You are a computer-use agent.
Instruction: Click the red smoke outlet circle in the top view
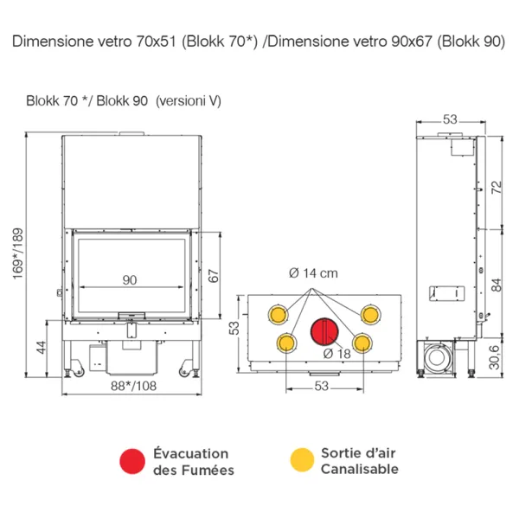[324, 330]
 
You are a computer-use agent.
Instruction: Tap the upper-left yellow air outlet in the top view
[279, 312]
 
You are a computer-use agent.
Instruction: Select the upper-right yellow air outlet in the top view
[370, 312]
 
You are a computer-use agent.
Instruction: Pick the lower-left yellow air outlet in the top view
[285, 344]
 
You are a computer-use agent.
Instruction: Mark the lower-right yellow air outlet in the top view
[363, 344]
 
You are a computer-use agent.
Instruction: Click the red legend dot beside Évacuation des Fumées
[132, 461]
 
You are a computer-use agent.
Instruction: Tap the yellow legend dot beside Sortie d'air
[301, 461]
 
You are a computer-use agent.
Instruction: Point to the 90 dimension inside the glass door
[130, 279]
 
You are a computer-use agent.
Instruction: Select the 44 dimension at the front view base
[39, 347]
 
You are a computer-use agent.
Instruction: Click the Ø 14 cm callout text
[313, 273]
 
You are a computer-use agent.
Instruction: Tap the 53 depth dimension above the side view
[448, 119]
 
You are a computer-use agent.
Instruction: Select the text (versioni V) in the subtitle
[188, 101]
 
